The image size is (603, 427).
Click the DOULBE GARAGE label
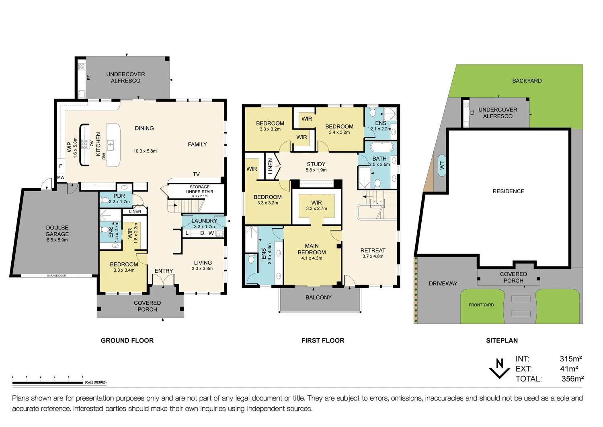(x=57, y=231)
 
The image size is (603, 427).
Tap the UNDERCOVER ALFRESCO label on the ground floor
(x=125, y=77)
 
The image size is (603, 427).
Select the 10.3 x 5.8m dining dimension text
(x=145, y=151)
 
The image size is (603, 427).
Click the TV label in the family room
(x=196, y=174)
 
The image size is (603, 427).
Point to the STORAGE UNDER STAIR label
(x=199, y=190)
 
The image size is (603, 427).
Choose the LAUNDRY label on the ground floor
(x=204, y=221)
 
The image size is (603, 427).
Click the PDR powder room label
(x=119, y=196)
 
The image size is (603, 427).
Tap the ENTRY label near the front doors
(x=164, y=271)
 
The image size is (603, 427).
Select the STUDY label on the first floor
(x=316, y=164)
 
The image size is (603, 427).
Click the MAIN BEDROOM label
(x=312, y=249)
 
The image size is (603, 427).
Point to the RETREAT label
(x=373, y=250)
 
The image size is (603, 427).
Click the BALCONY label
(x=318, y=297)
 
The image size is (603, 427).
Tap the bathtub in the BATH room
(x=382, y=146)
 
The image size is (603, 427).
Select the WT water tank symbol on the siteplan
(x=442, y=165)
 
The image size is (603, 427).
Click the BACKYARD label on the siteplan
(x=527, y=81)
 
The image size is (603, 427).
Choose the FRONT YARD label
(x=481, y=305)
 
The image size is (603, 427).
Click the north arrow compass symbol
(x=500, y=368)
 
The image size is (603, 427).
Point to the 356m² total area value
(x=572, y=379)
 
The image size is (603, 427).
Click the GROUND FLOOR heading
(x=127, y=340)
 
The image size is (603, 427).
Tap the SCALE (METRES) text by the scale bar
(x=95, y=382)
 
